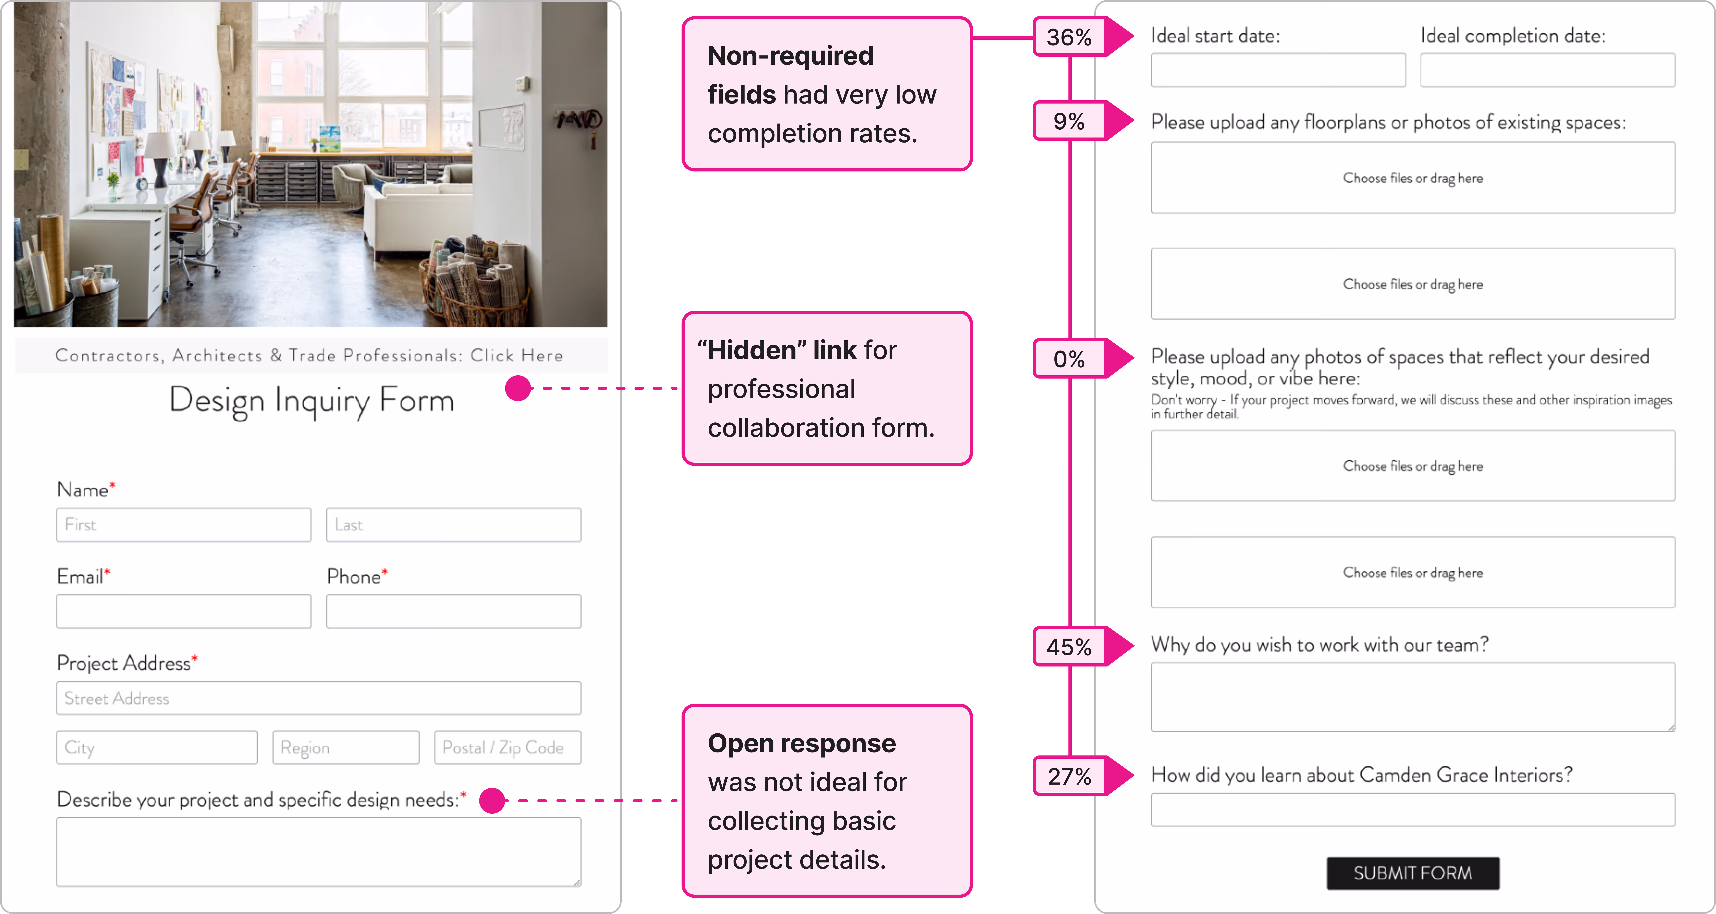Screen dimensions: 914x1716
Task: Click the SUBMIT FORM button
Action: click(1412, 873)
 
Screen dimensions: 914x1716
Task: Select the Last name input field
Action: click(453, 525)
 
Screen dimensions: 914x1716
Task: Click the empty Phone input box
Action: click(453, 611)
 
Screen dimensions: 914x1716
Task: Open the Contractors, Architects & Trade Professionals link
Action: click(310, 355)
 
